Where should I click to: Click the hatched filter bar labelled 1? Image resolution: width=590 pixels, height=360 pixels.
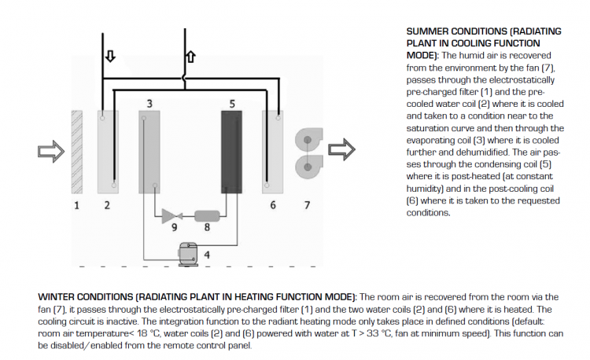pos(76,151)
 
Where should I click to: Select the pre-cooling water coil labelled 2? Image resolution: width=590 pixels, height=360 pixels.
pos(108,151)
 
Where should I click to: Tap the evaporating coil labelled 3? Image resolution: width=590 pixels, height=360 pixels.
pos(149,151)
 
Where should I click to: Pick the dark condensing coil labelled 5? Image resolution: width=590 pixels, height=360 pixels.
pos(231,151)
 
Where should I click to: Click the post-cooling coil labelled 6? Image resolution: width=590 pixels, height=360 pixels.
pos(273,151)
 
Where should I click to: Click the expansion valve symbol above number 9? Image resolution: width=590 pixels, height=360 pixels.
pos(171,215)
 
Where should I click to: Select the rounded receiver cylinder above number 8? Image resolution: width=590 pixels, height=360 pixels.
pos(206,215)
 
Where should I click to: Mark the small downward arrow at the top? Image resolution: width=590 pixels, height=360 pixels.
pos(109,57)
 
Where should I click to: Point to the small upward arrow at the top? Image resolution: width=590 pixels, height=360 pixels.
pos(190,57)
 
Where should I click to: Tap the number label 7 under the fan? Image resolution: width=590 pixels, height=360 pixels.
pos(306,206)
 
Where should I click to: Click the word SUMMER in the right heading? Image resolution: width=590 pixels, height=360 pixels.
pos(430,31)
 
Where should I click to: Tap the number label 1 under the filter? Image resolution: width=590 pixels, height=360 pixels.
pos(76,206)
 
